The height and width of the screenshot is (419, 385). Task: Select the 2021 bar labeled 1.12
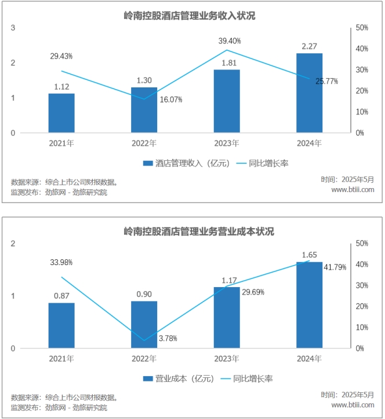(61, 113)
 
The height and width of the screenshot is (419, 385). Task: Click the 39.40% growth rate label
(230, 41)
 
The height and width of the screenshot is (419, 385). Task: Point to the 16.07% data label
(170, 100)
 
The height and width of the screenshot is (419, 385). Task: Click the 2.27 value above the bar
(309, 46)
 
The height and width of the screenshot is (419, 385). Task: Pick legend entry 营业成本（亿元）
(179, 379)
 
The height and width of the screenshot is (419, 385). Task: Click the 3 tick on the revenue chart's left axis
(13, 28)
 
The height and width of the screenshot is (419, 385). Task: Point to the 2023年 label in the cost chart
(227, 359)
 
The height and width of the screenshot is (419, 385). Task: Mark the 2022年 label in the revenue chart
(144, 143)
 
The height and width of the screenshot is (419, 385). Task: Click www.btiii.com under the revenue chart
(353, 189)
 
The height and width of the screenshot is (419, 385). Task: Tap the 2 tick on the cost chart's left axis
(13, 243)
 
